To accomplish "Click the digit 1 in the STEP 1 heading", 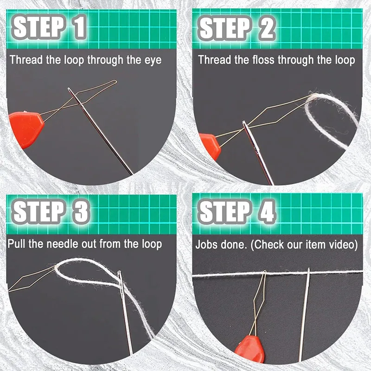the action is [78, 27].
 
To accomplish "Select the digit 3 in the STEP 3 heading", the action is [80, 211].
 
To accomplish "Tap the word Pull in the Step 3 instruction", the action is [16, 243].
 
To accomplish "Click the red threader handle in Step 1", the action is [26, 129].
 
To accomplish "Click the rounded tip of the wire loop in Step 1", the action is [115, 82].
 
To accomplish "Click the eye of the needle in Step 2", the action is [246, 128].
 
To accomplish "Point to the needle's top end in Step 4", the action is [308, 269].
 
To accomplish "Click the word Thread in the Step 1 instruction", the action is [26, 60].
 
